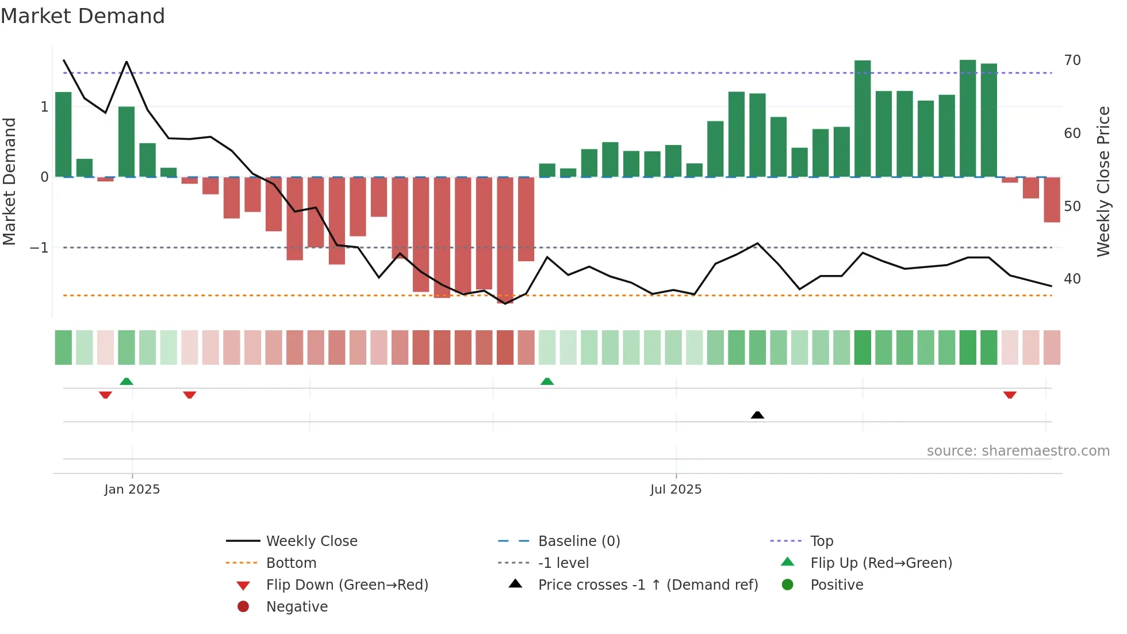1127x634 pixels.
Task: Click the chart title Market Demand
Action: tap(83, 16)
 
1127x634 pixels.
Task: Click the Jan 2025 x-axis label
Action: tap(132, 490)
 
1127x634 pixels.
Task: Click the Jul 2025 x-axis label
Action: tap(676, 490)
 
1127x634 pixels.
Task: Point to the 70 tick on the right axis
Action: tap(1072, 60)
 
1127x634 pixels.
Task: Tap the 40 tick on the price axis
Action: tap(1072, 279)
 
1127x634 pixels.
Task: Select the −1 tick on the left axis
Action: tap(40, 248)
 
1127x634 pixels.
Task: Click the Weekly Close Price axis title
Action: tap(1103, 181)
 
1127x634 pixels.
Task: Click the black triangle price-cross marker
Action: tap(757, 415)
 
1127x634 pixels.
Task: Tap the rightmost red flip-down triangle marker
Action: tap(1010, 395)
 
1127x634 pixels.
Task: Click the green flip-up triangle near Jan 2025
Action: tap(126, 381)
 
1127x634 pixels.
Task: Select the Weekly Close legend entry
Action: tap(312, 541)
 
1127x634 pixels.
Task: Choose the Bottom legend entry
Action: tap(291, 563)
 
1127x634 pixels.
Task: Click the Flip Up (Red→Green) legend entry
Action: tap(881, 563)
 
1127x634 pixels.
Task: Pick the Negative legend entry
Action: tap(297, 607)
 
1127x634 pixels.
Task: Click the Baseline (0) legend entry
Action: tap(579, 541)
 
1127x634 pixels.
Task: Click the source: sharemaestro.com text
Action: tap(1018, 451)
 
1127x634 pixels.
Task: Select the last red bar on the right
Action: tap(1052, 199)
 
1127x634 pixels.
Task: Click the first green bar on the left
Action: tap(63, 135)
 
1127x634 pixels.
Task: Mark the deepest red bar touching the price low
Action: tap(505, 240)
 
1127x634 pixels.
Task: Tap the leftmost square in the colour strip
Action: tap(63, 347)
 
